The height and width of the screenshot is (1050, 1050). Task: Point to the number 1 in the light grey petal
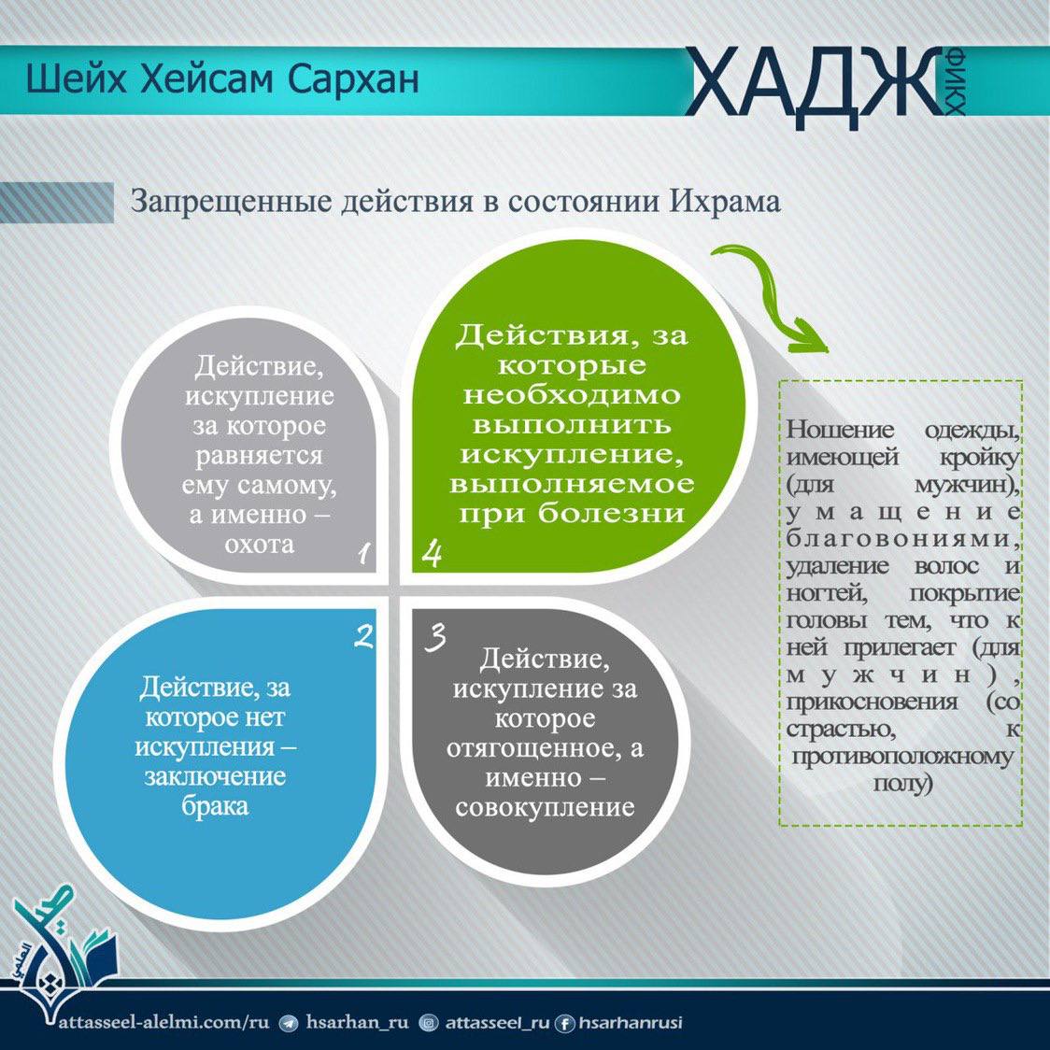363,553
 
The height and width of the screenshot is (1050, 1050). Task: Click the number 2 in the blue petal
363,635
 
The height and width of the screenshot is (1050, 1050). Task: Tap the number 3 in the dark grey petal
435,636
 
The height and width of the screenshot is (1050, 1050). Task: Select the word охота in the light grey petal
260,544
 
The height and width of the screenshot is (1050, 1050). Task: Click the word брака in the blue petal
215,805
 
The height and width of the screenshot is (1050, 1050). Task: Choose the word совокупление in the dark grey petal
545,807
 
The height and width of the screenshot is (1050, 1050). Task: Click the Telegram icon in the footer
289,1023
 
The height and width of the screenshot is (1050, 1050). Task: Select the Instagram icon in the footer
428,1023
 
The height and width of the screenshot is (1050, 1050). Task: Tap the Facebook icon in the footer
564,1023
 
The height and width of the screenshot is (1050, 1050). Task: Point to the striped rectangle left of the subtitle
57,202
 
